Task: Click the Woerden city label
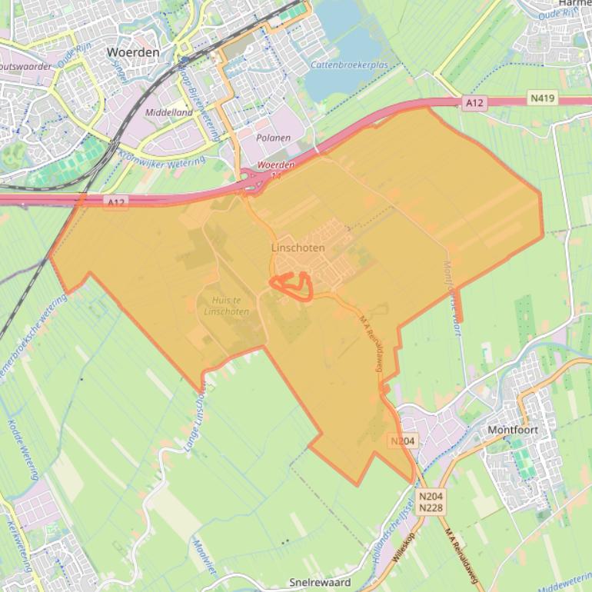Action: (133, 52)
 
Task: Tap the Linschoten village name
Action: (298, 248)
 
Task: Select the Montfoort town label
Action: (513, 430)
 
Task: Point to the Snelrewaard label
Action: (320, 582)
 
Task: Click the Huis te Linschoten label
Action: (226, 306)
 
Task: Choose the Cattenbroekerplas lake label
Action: (349, 65)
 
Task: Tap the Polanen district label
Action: (273, 138)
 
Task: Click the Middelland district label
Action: (169, 112)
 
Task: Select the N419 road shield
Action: (542, 99)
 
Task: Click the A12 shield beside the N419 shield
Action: (474, 102)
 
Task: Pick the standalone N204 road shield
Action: (403, 441)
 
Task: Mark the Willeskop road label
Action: (403, 547)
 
